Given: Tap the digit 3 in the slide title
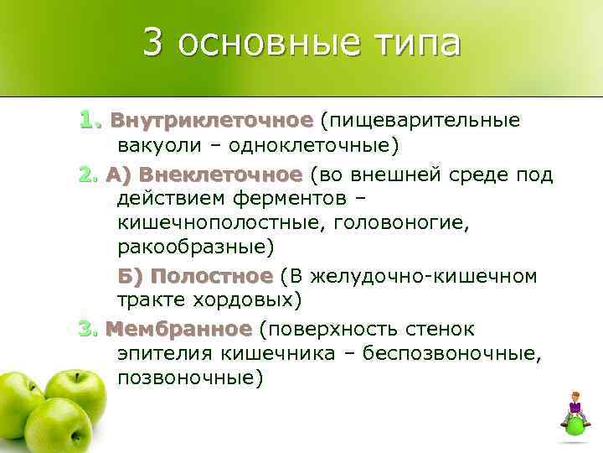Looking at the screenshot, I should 152,42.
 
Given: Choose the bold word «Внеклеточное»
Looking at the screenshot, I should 219,174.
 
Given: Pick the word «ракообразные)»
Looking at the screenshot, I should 196,249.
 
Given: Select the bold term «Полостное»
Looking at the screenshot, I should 213,276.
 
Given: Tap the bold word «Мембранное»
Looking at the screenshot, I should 178,327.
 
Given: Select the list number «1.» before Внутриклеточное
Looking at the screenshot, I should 90,120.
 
